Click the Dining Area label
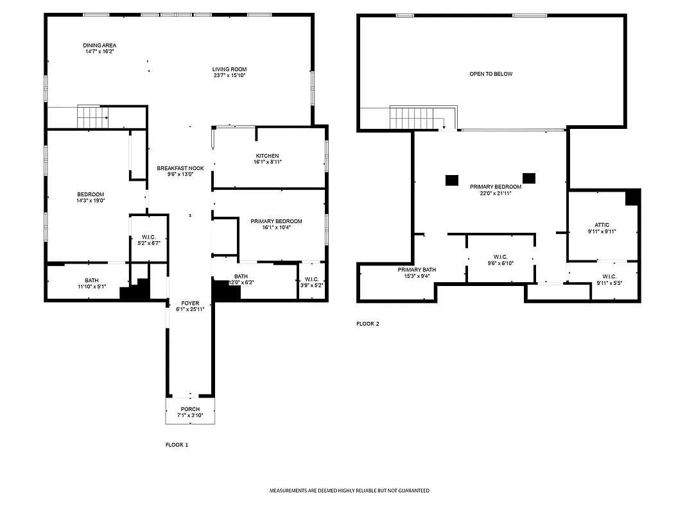point(100,46)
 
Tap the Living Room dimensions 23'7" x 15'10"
point(230,76)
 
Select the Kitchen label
point(268,156)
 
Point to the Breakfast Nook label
point(180,168)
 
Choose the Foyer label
point(190,303)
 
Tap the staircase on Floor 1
point(92,117)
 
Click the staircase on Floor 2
point(417,118)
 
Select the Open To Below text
point(490,74)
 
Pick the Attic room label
point(602,225)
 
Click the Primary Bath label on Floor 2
point(417,270)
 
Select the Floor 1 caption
point(177,444)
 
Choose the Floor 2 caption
point(368,324)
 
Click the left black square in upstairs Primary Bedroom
point(452,180)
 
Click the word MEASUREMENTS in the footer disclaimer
point(287,491)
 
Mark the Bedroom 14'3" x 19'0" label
point(91,194)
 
